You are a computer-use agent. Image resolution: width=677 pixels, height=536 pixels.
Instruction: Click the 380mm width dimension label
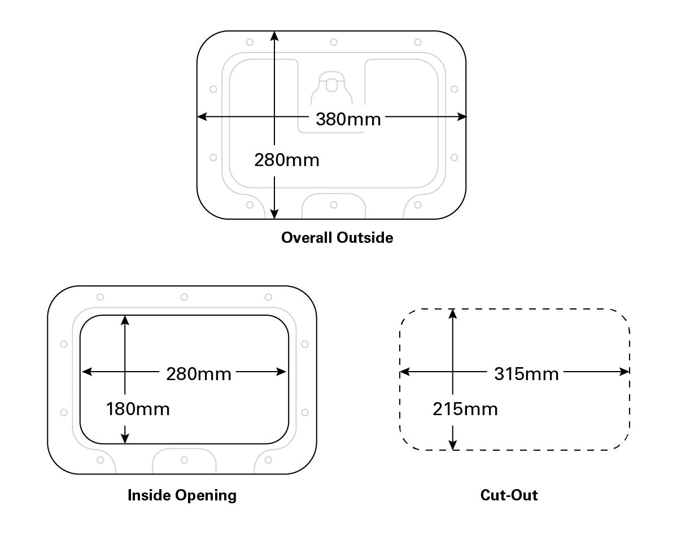[x=348, y=119]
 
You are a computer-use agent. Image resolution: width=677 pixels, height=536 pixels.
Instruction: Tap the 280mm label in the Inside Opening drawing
[x=198, y=374]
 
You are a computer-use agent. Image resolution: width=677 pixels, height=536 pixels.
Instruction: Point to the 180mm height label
[x=137, y=408]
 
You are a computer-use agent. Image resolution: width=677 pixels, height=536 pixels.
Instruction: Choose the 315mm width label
[x=526, y=374]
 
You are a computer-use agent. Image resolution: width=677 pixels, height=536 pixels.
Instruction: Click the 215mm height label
[x=465, y=408]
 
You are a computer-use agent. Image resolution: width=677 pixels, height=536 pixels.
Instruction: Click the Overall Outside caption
[x=337, y=237]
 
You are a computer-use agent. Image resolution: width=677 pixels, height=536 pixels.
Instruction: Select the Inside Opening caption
[x=182, y=495]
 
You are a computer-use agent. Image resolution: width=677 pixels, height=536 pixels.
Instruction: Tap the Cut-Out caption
[x=509, y=495]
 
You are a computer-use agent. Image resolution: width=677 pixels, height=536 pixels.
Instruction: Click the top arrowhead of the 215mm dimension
[x=452, y=313]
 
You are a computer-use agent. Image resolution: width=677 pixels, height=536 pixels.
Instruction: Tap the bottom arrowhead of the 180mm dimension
[x=125, y=439]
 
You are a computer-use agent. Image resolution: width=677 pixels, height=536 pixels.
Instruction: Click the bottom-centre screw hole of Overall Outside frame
[x=334, y=205]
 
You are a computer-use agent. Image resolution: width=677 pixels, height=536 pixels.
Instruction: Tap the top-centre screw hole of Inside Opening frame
[x=184, y=297]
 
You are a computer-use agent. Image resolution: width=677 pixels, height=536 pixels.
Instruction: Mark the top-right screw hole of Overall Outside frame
[x=418, y=42]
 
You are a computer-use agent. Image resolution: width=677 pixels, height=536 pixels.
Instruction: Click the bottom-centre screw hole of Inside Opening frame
[x=184, y=460]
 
